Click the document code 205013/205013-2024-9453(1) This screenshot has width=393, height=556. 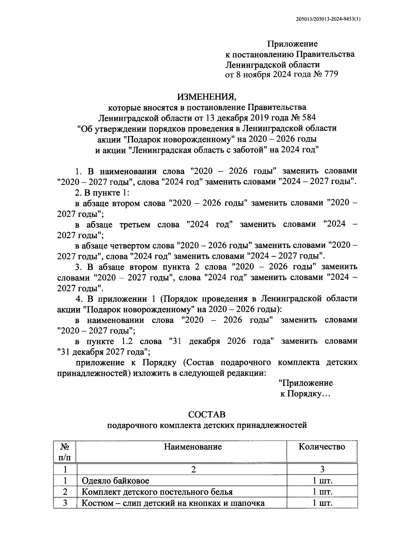tap(326, 19)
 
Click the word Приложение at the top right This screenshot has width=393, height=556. tap(292, 44)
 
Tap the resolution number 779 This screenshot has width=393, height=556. tap(330, 74)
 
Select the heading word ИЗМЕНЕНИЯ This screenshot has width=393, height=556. tap(206, 97)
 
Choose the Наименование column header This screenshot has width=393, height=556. tap(193, 447)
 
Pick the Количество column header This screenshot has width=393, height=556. tap(322, 447)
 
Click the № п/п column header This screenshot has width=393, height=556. tap(65, 451)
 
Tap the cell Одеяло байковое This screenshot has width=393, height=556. tap(115, 481)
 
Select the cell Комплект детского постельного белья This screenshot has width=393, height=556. tap(157, 492)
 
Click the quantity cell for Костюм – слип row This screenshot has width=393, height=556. tap(322, 503)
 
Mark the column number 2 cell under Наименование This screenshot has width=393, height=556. tap(193, 470)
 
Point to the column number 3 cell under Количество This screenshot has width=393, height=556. tap(322, 470)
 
